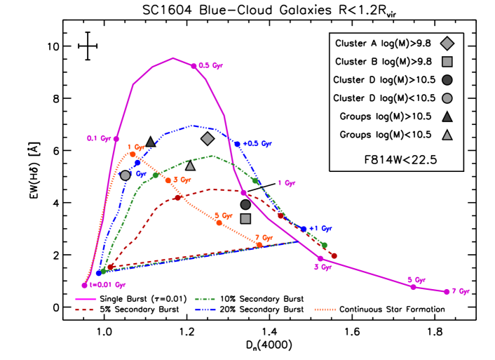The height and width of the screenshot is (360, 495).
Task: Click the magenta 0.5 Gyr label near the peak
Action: pos(210,66)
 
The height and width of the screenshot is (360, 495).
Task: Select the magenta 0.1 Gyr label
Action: pos(99,139)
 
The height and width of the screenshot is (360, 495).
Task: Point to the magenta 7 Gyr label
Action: pos(460,291)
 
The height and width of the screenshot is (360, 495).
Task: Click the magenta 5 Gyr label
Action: pos(416,280)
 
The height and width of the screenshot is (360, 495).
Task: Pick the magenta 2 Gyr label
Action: pos(322,267)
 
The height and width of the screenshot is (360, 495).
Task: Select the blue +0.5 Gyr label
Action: pos(257,144)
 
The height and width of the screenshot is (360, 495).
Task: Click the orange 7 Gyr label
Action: pos(263,238)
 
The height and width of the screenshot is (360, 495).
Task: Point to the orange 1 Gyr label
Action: pos(135,147)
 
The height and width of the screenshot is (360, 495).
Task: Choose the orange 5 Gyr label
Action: pos(222,215)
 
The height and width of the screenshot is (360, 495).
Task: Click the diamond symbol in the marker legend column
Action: pos(447,44)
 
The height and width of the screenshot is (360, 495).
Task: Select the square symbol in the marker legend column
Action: pos(447,62)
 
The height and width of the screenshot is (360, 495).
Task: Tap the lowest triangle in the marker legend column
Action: pos(447,135)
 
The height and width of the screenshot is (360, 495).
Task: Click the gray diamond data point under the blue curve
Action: pos(208,138)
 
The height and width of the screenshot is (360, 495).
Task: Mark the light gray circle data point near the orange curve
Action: pos(125,175)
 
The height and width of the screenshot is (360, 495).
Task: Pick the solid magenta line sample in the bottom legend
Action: pos(86,300)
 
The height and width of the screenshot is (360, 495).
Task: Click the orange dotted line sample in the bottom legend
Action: pos(325,309)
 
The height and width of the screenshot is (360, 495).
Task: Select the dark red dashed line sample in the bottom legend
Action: pos(86,309)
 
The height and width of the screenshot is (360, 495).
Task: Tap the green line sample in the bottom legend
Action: pos(205,300)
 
